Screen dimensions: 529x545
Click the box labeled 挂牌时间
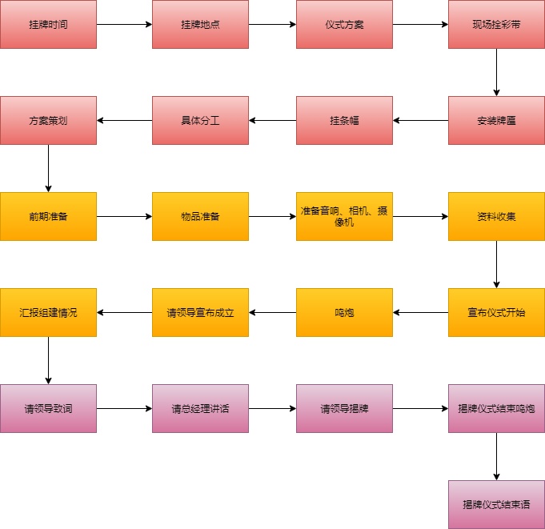point(48,24)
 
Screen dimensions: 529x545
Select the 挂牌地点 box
point(200,24)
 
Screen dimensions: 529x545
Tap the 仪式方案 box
point(344,24)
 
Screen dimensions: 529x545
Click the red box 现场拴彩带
point(496,24)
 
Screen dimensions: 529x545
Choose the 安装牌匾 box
point(496,120)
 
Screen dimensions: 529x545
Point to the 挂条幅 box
point(344,120)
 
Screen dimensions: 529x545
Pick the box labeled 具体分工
point(200,120)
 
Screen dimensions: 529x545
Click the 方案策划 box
point(48,120)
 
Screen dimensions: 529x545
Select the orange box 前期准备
point(48,216)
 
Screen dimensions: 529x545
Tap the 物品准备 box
point(200,216)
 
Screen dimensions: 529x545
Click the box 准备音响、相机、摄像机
point(344,216)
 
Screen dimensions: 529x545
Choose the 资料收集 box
point(496,216)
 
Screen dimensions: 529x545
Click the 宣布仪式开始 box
point(496,312)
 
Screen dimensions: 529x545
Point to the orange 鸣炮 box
point(344,312)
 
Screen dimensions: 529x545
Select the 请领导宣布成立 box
point(200,312)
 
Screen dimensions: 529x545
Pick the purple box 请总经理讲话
point(200,408)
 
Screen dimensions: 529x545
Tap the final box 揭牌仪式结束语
point(496,504)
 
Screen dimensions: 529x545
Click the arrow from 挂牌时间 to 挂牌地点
point(124,24)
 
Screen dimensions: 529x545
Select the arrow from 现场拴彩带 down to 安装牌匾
point(496,72)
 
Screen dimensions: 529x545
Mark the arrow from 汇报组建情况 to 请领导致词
point(48,360)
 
